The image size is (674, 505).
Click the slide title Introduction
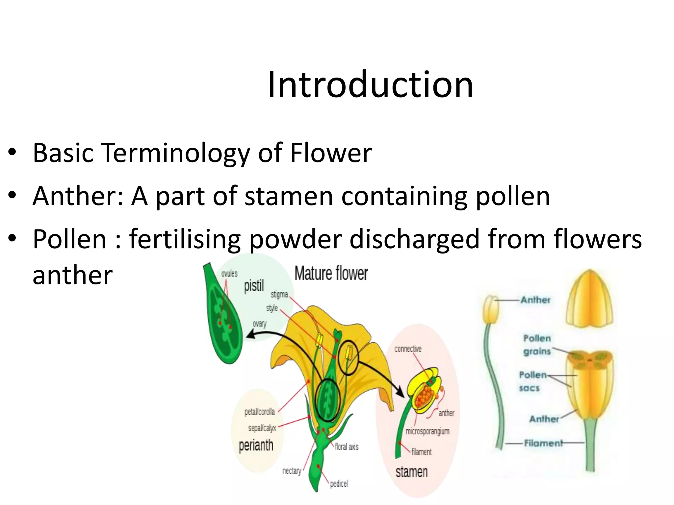(370, 85)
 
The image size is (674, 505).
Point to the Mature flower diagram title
(331, 274)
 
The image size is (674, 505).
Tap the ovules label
(229, 274)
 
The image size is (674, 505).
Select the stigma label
(279, 294)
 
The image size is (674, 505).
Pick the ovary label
(259, 324)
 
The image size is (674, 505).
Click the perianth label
(256, 445)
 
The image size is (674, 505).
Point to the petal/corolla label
(260, 412)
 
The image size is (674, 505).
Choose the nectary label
(292, 471)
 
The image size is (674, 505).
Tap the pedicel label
(339, 484)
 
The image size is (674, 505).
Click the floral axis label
(347, 446)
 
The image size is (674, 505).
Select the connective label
(408, 349)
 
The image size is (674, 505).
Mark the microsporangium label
(427, 431)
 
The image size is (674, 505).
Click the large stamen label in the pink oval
(411, 472)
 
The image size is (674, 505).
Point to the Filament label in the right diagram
(543, 443)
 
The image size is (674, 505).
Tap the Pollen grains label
(537, 345)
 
